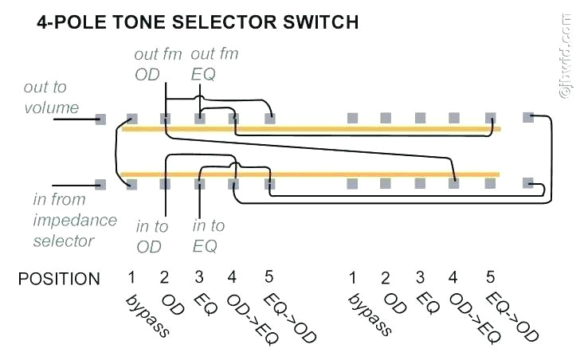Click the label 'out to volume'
coord(50,97)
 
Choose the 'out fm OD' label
coord(158,64)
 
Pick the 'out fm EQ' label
coord(214,64)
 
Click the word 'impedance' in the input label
coord(75,220)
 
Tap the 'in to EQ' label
coord(209,237)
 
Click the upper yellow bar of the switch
coord(311,128)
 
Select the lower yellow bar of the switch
coord(311,174)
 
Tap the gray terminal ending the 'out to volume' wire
coord(100,119)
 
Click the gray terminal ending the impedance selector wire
coord(100,184)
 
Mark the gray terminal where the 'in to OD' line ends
coord(165,184)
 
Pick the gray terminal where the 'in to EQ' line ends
coord(200,184)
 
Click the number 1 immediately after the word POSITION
coord(130,278)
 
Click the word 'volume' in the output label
coord(51,107)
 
